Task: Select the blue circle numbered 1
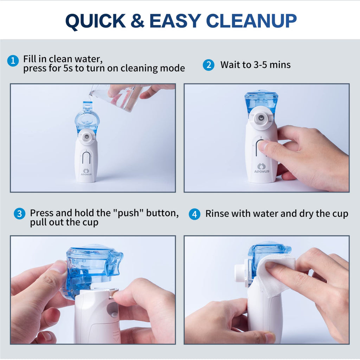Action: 13,61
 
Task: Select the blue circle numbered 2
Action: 208,65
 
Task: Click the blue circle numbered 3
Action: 19,213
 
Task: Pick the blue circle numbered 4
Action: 194,214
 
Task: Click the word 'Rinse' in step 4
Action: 216,214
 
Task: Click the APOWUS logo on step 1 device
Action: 86,172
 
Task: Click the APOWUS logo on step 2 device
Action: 262,168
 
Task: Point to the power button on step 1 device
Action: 86,157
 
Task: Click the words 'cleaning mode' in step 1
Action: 153,68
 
